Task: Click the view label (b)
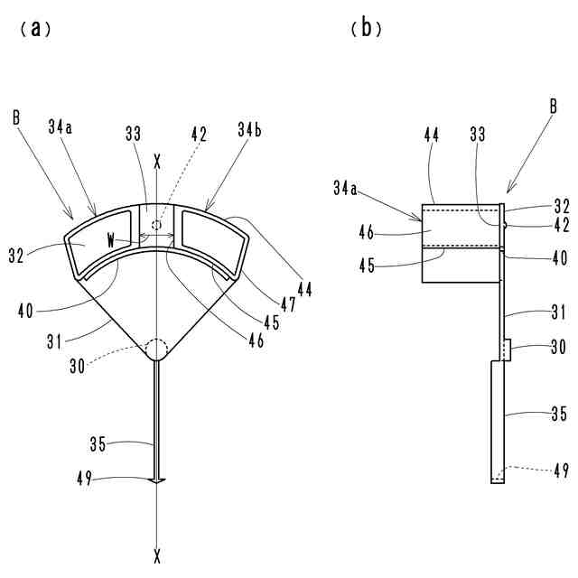pyautogui.click(x=366, y=28)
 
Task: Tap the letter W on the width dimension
pyautogui.click(x=110, y=240)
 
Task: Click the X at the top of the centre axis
pyautogui.click(x=158, y=163)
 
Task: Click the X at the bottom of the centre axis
pyautogui.click(x=158, y=553)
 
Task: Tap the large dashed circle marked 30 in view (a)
pyautogui.click(x=158, y=350)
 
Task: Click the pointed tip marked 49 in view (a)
pyautogui.click(x=158, y=480)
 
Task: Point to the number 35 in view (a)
pyautogui.click(x=100, y=444)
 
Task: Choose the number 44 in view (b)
pyautogui.click(x=431, y=134)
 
